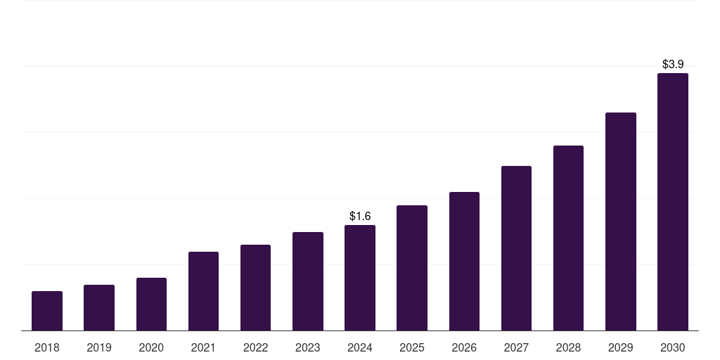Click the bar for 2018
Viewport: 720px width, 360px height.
[x=47, y=311]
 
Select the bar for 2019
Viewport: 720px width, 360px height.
[x=99, y=307]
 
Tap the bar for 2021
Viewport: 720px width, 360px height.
[x=203, y=291]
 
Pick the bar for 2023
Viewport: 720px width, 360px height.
[x=308, y=281]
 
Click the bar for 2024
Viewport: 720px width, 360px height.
[x=360, y=278]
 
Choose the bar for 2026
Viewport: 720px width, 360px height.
[x=464, y=261]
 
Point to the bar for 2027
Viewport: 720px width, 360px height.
[x=516, y=248]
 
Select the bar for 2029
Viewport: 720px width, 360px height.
[x=621, y=221]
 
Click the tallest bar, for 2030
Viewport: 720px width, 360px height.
[x=673, y=202]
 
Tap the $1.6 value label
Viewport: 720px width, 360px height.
[x=360, y=216]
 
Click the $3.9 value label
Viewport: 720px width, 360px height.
[x=673, y=64]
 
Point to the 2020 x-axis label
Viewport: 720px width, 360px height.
[x=151, y=347]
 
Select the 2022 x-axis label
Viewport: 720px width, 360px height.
[x=255, y=347]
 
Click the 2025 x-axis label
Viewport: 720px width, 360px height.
[x=412, y=347]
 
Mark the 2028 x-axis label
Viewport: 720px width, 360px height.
[x=568, y=347]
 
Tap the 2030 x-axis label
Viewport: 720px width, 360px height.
[x=673, y=347]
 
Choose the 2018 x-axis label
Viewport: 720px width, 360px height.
[x=47, y=347]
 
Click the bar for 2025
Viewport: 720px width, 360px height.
[x=412, y=268]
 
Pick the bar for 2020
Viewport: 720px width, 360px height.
[x=151, y=304]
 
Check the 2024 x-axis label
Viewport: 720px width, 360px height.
[x=360, y=347]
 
